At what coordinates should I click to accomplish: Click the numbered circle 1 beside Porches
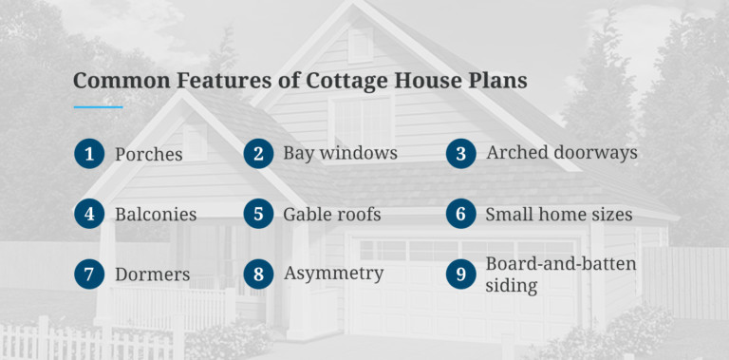pos(89,153)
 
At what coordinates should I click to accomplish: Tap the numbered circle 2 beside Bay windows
pos(257,153)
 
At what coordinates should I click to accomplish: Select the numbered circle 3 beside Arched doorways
pos(460,153)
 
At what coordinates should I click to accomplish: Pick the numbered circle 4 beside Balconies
pos(89,214)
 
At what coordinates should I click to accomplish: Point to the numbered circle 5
pos(257,214)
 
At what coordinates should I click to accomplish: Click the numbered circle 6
pos(460,214)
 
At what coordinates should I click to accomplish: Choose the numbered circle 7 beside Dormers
pos(89,275)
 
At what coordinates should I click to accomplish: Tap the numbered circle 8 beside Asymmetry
pos(257,275)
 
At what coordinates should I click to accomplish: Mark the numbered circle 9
pos(460,275)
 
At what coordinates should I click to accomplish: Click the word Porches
pos(149,154)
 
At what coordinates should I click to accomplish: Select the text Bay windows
pos(340,153)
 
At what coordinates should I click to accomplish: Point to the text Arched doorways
pos(561,153)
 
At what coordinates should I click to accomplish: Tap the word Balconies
pos(156,215)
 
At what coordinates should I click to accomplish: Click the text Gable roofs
pos(331,215)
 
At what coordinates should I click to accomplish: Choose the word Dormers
pos(152,275)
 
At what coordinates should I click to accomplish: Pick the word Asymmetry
pos(333,275)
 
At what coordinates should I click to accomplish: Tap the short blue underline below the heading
pos(98,107)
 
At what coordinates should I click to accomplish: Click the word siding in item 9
pos(513,286)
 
